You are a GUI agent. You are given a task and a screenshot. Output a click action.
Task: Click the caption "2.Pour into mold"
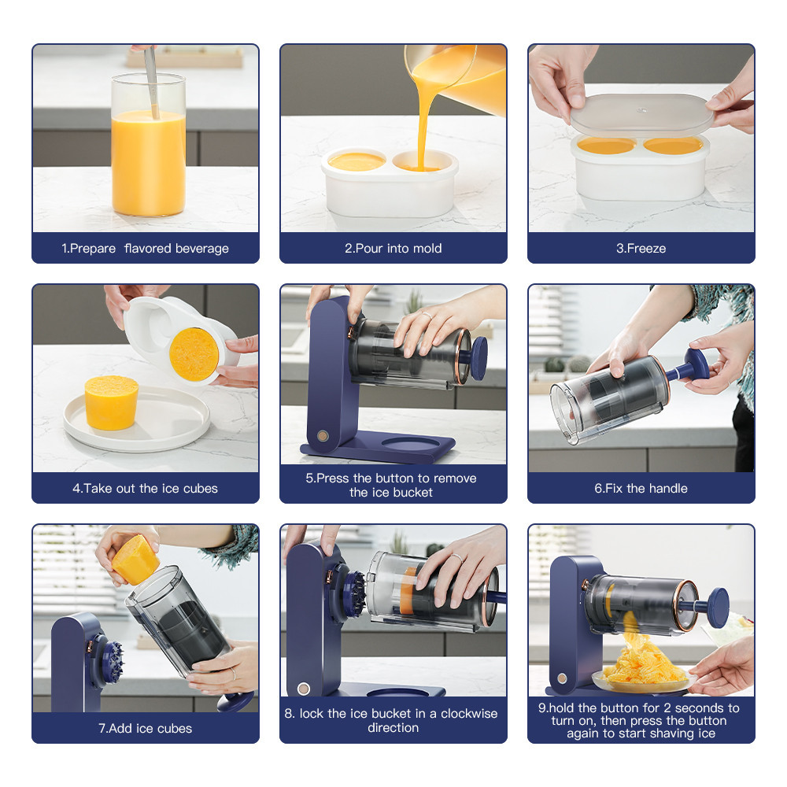coord(393,248)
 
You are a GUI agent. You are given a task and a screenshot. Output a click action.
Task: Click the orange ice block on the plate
coord(111,402)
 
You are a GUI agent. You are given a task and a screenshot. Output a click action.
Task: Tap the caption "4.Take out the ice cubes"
coord(145,488)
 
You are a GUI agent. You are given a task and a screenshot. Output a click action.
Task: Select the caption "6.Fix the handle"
coord(641,488)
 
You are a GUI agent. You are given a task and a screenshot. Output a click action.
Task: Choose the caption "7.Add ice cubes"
coord(145,728)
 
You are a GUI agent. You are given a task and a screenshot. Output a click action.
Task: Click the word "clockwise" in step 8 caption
coord(469,713)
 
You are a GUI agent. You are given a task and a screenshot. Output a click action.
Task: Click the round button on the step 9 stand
coord(562,677)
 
